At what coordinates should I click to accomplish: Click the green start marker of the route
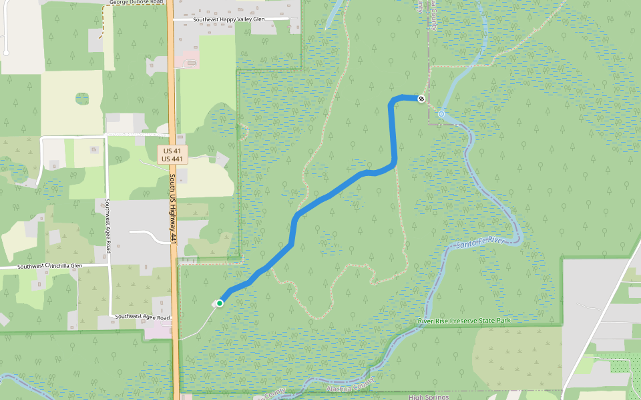(219, 303)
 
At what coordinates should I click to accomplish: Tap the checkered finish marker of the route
(421, 99)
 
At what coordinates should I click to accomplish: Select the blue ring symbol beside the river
(441, 114)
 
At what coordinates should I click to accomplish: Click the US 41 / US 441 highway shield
(173, 155)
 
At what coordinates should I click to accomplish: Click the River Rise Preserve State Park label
(464, 321)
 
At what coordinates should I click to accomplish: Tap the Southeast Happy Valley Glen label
(229, 19)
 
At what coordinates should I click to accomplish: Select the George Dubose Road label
(136, 3)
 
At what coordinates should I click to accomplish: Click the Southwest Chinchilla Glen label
(50, 266)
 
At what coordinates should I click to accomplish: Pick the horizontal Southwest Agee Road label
(142, 317)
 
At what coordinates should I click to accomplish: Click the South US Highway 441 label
(172, 209)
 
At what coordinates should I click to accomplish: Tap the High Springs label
(429, 397)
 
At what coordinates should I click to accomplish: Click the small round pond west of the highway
(82, 99)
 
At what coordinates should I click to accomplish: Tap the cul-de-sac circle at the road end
(6, 52)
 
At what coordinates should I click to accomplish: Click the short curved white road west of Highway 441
(150, 235)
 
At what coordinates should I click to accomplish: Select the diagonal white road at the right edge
(601, 320)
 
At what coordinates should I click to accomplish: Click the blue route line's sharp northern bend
(393, 101)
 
